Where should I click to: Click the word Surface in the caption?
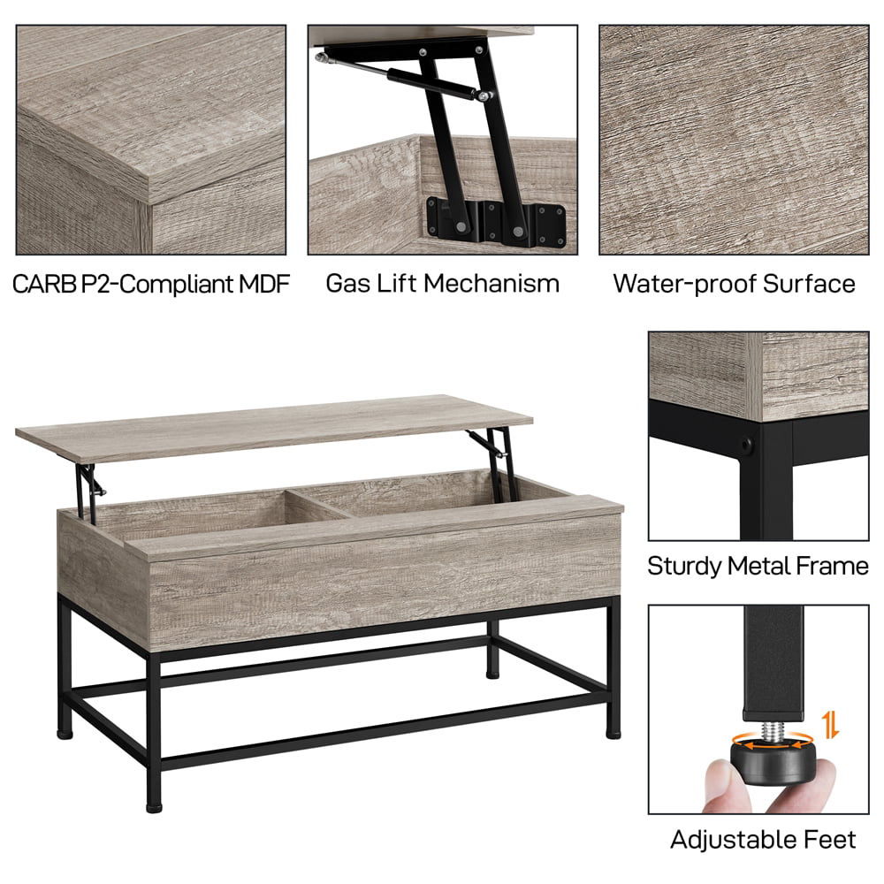coord(810,284)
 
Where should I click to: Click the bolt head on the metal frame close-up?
coord(750,440)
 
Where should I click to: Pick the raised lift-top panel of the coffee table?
coord(274,425)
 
